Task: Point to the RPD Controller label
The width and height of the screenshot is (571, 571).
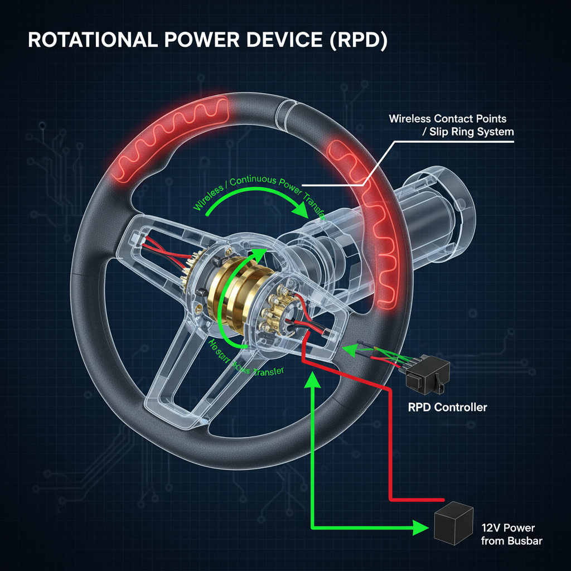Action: tap(447, 407)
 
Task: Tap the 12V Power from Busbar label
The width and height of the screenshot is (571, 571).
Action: tap(511, 534)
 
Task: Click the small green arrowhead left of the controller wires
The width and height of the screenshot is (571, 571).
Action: tap(347, 350)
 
